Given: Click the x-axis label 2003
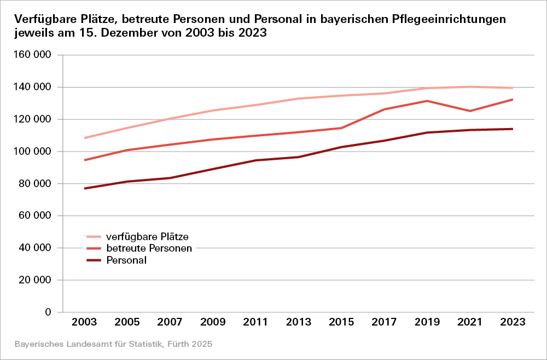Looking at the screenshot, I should pyautogui.click(x=85, y=322).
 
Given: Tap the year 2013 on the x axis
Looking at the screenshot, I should pyautogui.click(x=299, y=322).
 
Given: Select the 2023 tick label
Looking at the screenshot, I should pyautogui.click(x=513, y=322).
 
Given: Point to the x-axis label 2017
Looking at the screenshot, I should pyautogui.click(x=384, y=322).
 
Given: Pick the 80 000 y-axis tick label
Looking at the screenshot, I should pyautogui.click(x=36, y=184).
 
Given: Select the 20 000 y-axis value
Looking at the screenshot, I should pyautogui.click(x=36, y=280).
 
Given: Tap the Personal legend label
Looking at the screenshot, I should pyautogui.click(x=126, y=260).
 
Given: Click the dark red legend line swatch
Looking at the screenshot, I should pyautogui.click(x=94, y=260).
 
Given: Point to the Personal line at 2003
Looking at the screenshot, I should pyautogui.click(x=85, y=188).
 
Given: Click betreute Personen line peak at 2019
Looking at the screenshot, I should pyautogui.click(x=427, y=101).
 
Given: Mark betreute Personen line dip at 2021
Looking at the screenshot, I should pyautogui.click(x=470, y=111).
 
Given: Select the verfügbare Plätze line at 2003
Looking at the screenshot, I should pyautogui.click(x=85, y=138).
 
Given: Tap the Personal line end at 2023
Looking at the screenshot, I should pyautogui.click(x=513, y=129).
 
